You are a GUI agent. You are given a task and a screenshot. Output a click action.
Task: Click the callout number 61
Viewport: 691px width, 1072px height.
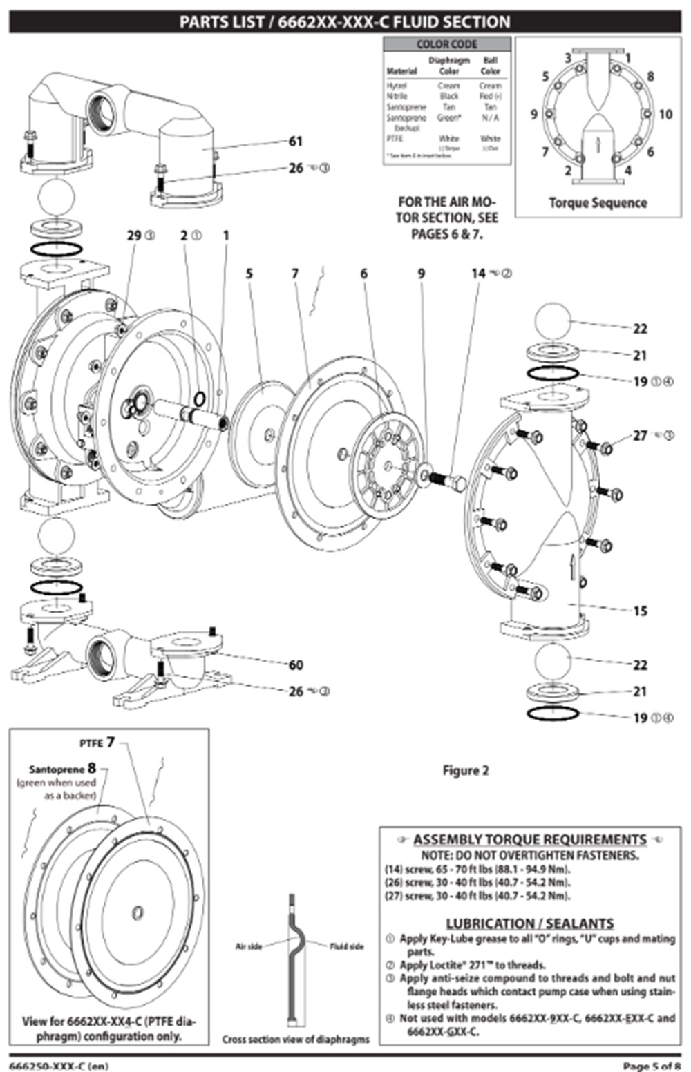[296, 142]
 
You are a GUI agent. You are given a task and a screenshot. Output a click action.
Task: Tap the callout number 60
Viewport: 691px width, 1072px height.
[296, 664]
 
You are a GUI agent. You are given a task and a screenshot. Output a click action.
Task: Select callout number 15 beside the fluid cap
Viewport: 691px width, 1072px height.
[640, 611]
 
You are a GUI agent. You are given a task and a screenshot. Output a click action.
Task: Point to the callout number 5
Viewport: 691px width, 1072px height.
[249, 274]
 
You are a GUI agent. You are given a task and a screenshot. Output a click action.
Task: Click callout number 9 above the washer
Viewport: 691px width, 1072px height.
[422, 274]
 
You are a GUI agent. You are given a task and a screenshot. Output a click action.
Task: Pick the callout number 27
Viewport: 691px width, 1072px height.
[640, 435]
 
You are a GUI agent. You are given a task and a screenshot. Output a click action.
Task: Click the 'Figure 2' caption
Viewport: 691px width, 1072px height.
[465, 770]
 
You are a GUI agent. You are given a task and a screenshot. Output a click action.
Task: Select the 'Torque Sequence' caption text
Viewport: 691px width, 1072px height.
[598, 203]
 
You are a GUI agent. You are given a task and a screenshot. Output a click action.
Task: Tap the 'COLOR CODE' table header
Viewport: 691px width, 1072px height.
[446, 44]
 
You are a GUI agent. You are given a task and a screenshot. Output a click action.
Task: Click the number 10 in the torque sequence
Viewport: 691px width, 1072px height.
[665, 114]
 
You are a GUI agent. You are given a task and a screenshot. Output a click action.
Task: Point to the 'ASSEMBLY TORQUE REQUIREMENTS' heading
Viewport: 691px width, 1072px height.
[529, 839]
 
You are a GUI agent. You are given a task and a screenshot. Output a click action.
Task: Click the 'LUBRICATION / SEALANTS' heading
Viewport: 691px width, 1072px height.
[529, 923]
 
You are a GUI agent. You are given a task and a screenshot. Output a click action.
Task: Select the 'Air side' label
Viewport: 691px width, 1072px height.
[248, 946]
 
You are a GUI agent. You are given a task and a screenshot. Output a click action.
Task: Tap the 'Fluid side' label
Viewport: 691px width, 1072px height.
[346, 946]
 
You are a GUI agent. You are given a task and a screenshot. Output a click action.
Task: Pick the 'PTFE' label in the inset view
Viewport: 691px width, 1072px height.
[91, 743]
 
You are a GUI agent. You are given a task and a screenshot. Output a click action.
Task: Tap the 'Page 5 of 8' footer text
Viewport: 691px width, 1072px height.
[651, 1066]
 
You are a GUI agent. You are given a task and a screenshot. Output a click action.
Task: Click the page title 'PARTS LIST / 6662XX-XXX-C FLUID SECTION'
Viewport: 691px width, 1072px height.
[345, 22]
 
